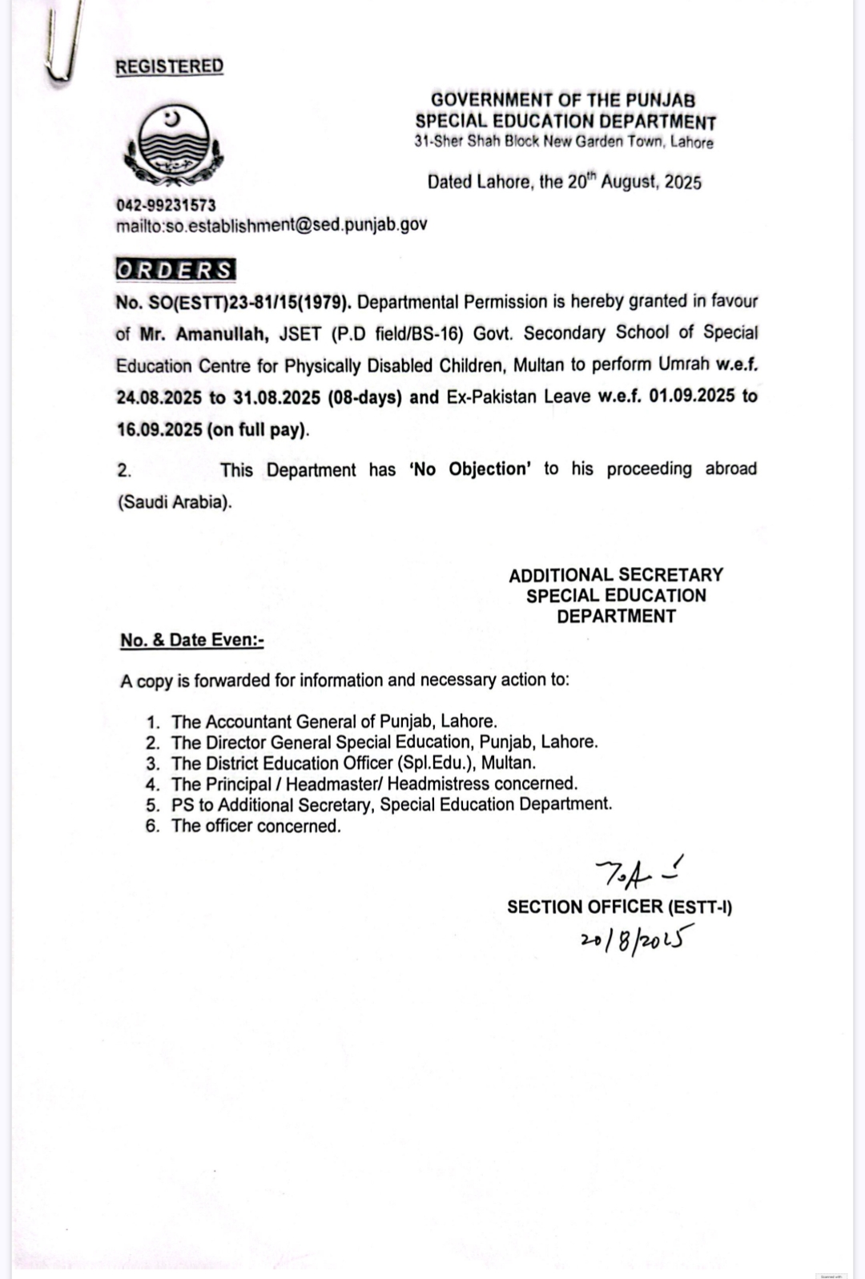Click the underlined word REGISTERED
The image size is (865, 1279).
pos(169,66)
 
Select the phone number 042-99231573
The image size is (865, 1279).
pos(166,205)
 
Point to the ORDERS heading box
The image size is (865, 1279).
pos(175,270)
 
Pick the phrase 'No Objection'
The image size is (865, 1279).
pos(470,469)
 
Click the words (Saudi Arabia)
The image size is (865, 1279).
pos(174,503)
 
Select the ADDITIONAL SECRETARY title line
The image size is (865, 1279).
pos(616,575)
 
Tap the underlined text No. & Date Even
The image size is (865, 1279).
pos(191,640)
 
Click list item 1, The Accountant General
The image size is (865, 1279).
pos(334,722)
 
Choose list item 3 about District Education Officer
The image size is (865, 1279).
pos(353,763)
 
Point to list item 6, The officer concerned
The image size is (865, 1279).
pos(255,826)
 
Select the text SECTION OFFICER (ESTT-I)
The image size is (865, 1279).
pos(619,907)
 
